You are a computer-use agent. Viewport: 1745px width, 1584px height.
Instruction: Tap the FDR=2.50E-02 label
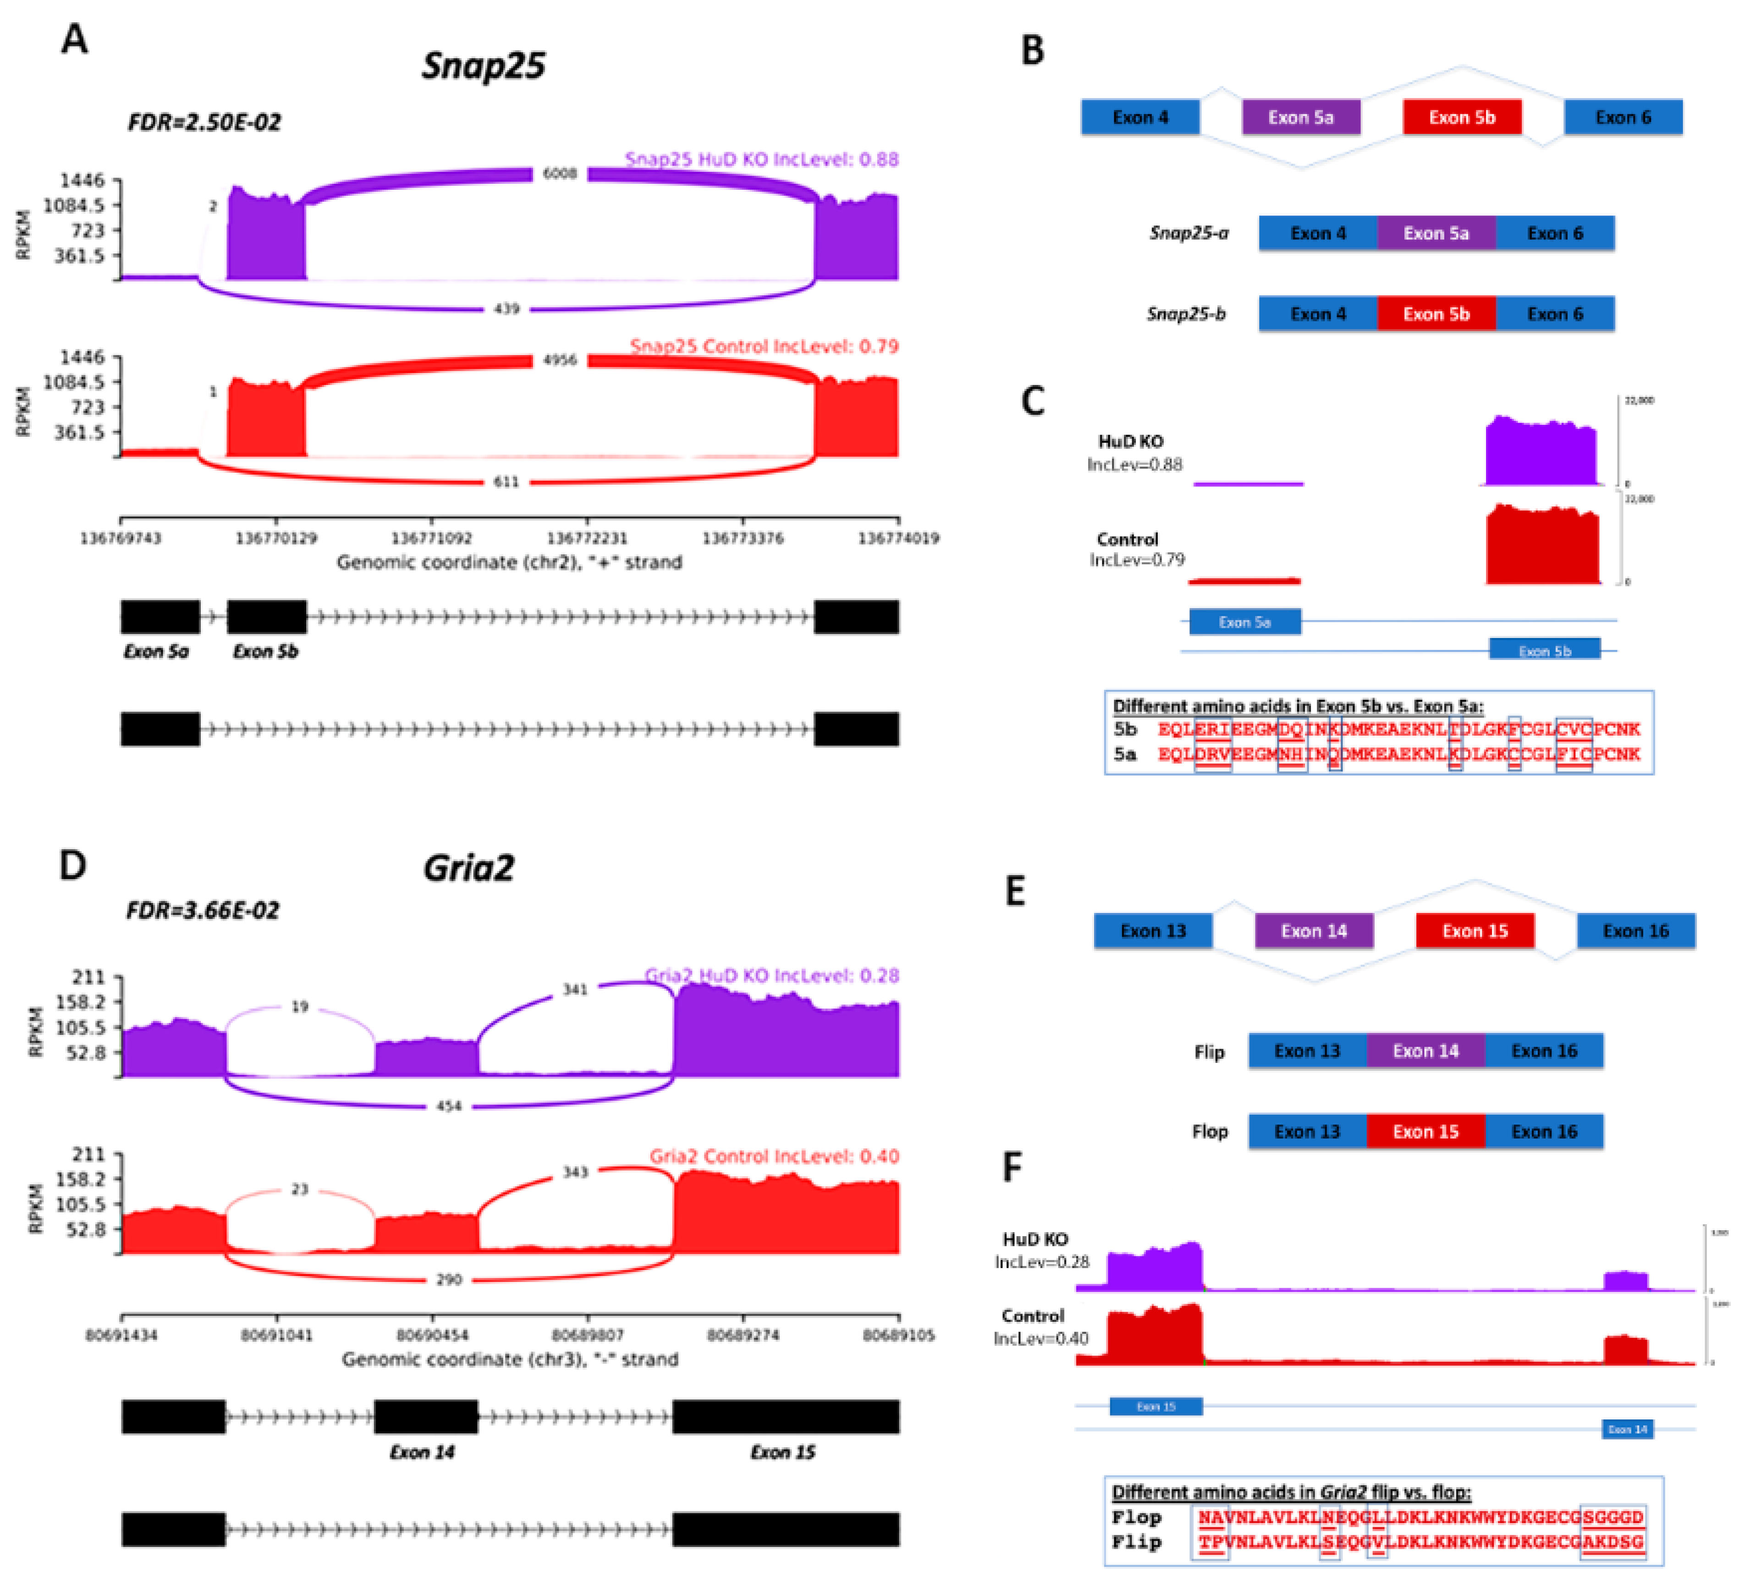pos(204,122)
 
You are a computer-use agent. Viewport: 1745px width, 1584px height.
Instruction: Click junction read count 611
pos(506,482)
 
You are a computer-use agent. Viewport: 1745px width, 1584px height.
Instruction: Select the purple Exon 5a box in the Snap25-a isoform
pos(1436,234)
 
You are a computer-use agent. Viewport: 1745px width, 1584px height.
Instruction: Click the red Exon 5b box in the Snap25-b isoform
pos(1436,314)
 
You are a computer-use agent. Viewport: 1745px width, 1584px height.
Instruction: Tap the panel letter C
pos(1033,401)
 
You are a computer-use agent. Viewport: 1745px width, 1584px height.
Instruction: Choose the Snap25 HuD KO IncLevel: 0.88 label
pos(762,159)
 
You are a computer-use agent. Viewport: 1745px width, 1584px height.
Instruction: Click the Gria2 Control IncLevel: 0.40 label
pos(774,1156)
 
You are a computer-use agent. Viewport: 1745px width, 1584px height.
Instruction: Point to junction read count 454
pos(448,1106)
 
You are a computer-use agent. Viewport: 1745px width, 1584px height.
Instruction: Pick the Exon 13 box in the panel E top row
pos(1153,931)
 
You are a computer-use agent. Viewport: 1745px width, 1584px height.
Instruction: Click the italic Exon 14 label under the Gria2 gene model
pos(422,1452)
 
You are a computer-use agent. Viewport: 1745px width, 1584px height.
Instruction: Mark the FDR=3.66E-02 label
pos(203,911)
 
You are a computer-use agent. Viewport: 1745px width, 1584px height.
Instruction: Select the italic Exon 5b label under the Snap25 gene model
pos(265,651)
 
